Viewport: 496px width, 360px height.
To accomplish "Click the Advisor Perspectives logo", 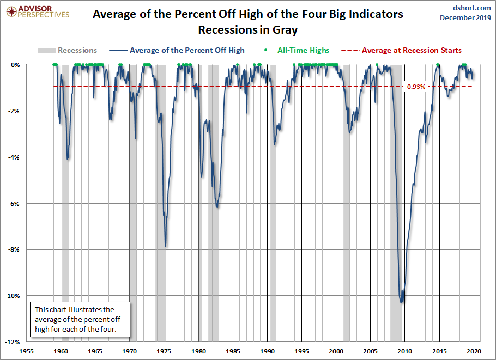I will (37, 11).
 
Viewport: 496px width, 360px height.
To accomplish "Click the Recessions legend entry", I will (68, 50).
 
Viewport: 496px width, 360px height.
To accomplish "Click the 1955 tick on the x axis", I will (27, 351).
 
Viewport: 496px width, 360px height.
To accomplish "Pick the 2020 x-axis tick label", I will (474, 351).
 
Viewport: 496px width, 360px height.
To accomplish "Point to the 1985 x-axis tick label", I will (233, 351).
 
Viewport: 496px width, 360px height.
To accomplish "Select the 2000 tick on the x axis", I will (336, 351).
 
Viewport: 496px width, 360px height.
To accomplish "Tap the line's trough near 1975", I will (165, 246).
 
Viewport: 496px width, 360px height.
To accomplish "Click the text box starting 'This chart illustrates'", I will (80, 320).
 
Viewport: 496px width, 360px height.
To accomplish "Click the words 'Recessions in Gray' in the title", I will (248, 29).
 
